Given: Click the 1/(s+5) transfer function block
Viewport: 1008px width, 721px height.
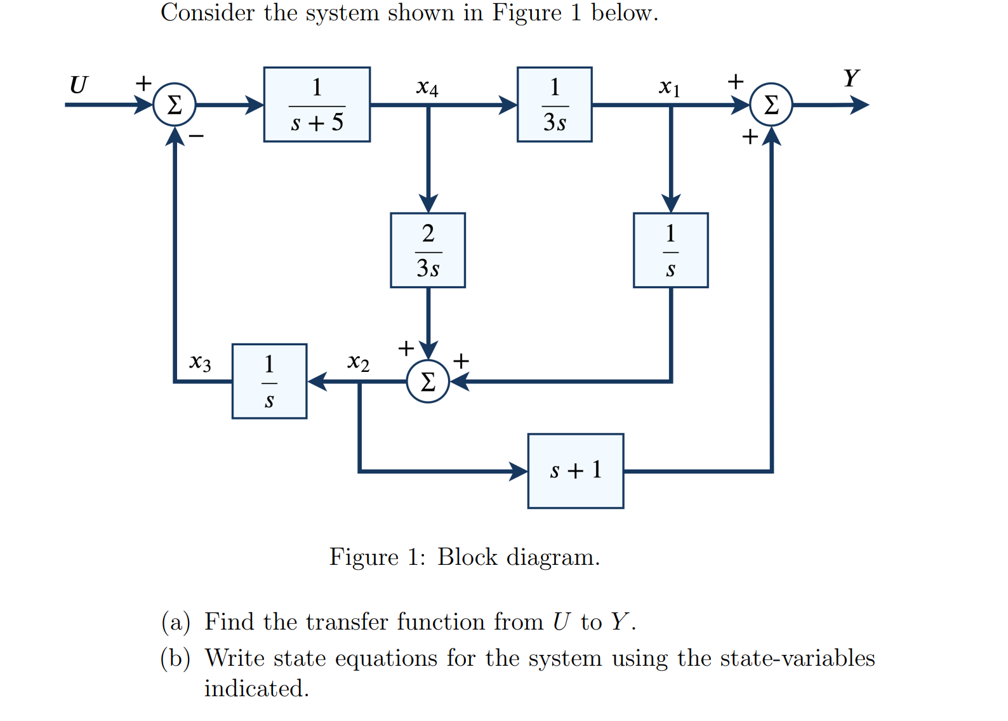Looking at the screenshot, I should (317, 105).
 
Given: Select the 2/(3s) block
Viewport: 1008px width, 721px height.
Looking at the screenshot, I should (428, 250).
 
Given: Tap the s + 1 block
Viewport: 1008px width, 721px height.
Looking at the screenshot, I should (575, 471).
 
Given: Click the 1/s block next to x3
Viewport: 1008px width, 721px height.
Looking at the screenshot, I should (269, 381).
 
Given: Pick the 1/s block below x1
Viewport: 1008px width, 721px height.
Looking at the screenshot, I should (670, 250).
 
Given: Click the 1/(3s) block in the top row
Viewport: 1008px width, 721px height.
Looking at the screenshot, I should (554, 105).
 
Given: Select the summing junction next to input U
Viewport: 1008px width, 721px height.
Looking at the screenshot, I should (175, 105).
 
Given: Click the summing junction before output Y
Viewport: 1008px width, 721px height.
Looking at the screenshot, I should (771, 105).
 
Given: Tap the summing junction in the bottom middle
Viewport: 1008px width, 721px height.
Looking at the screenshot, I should (428, 381).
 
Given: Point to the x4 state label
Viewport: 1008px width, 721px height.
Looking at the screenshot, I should (427, 88).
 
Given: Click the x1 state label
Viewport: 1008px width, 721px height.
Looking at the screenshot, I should (669, 88).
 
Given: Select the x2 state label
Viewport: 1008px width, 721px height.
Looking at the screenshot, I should (358, 362).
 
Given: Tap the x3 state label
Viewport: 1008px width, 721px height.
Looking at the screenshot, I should (200, 362).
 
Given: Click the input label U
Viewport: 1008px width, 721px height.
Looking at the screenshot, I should (78, 85).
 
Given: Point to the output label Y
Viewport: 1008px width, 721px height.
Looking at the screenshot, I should (851, 79).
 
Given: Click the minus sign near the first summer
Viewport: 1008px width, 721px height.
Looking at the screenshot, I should (197, 136).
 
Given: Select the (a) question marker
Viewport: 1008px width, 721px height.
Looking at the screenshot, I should (176, 622).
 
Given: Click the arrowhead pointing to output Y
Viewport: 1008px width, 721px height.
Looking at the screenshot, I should (859, 105).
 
